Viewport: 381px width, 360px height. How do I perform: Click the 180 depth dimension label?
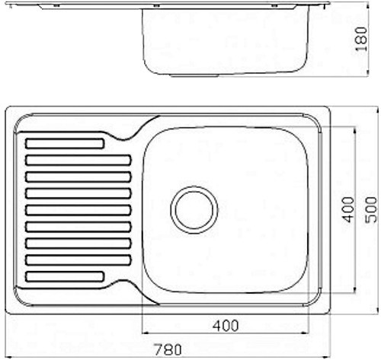pyautogui.click(x=361, y=39)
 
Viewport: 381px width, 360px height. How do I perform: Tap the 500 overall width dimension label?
pyautogui.click(x=371, y=210)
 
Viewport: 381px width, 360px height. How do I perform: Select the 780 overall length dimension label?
pyautogui.click(x=168, y=349)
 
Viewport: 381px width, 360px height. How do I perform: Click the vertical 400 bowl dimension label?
pyautogui.click(x=348, y=210)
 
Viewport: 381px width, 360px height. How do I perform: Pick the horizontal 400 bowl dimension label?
pyautogui.click(x=226, y=326)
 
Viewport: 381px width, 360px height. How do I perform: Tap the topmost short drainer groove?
pyautogui.click(x=65, y=144)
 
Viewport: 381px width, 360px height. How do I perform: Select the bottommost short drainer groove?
pyautogui.click(x=65, y=277)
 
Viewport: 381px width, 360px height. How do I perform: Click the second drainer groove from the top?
pyautogui.click(x=78, y=161)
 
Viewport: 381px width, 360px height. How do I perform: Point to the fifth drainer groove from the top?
pyautogui.click(x=78, y=210)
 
